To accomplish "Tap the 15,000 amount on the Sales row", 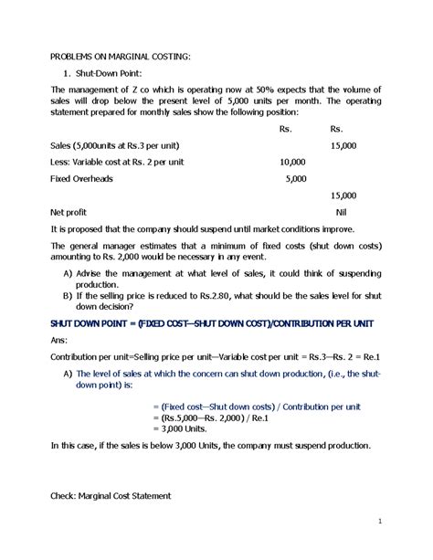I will [343, 145].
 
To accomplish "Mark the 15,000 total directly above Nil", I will [343, 195].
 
